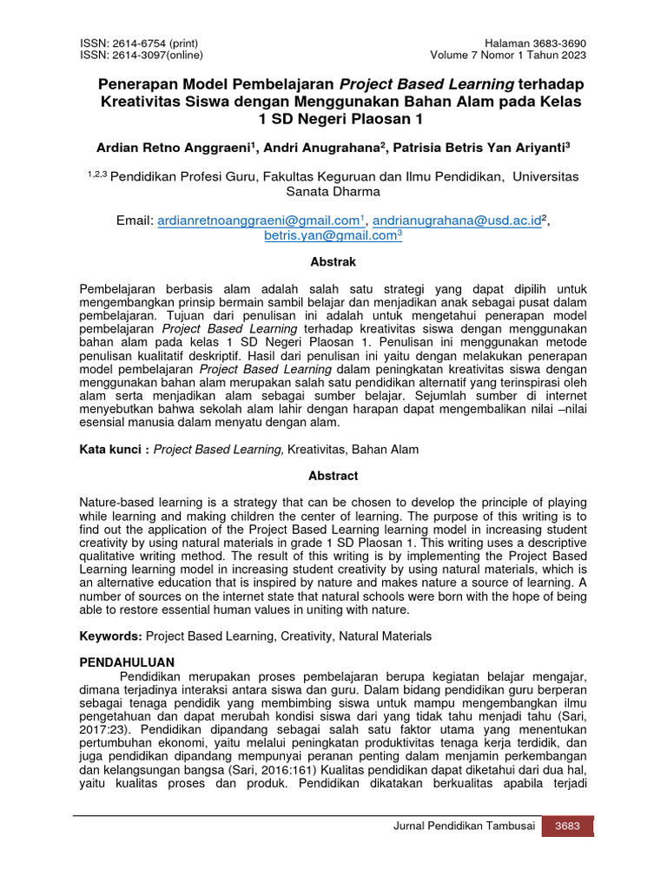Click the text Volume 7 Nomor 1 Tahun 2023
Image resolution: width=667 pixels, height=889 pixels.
508,56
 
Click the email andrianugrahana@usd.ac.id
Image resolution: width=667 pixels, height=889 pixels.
458,221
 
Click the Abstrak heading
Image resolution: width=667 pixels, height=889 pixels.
333,261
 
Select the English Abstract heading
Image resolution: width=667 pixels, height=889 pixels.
333,476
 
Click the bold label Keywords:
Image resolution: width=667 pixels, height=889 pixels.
111,636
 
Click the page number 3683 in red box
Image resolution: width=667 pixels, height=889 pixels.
567,826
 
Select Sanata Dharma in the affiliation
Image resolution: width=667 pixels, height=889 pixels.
333,191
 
